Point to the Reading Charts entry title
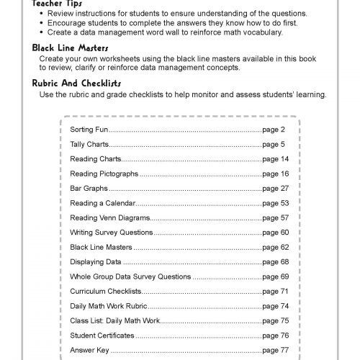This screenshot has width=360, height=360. [94, 159]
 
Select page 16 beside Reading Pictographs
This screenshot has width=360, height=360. [275, 174]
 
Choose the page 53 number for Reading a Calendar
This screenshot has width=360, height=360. [275, 203]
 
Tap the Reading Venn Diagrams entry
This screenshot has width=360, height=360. [109, 217]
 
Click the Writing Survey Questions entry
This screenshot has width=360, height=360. [111, 233]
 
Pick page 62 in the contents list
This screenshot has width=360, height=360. [275, 247]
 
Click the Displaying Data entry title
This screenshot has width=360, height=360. [95, 261]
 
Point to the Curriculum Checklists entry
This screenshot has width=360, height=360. [106, 292]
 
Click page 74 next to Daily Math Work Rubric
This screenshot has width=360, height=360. [275, 306]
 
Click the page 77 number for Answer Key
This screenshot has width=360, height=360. [275, 350]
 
